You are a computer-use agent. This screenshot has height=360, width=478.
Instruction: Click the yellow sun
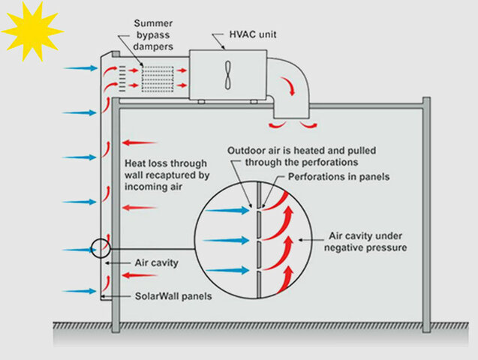coord(31,30)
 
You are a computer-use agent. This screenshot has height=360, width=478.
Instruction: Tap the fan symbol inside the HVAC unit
coord(227,74)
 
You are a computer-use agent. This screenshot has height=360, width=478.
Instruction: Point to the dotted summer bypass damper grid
coord(158,76)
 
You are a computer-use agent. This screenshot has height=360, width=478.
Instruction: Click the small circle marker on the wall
coord(100,248)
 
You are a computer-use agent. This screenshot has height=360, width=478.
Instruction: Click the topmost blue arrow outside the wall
coord(80,68)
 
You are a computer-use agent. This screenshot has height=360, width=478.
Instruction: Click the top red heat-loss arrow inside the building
coord(139,142)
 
